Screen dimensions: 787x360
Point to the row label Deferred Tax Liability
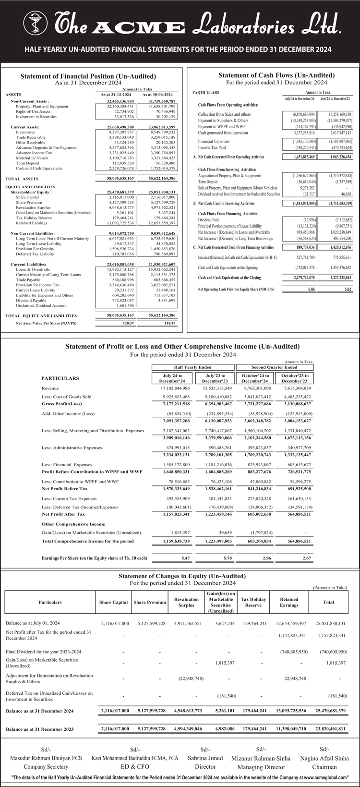pos(35,254)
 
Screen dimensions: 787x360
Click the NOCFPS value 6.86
pos(312,290)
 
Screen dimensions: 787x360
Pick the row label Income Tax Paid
pos(212,148)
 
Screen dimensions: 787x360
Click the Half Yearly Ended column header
pos(192,367)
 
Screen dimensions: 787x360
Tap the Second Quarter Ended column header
pos(274,367)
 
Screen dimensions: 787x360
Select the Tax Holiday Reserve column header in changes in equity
pos(253,602)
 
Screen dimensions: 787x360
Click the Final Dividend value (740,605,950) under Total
pos(333,652)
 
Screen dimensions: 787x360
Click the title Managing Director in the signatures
pos(261,767)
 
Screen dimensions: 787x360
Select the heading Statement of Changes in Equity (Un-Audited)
pos(182,576)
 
